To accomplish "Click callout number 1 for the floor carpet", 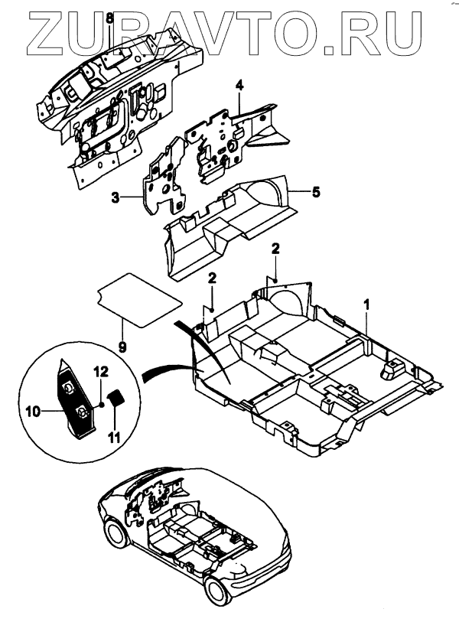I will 367,304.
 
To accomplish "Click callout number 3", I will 115,198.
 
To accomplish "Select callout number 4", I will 239,84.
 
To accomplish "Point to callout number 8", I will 109,17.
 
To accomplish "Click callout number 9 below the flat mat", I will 122,345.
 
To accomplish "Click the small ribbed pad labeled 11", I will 116,399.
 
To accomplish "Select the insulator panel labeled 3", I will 164,176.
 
